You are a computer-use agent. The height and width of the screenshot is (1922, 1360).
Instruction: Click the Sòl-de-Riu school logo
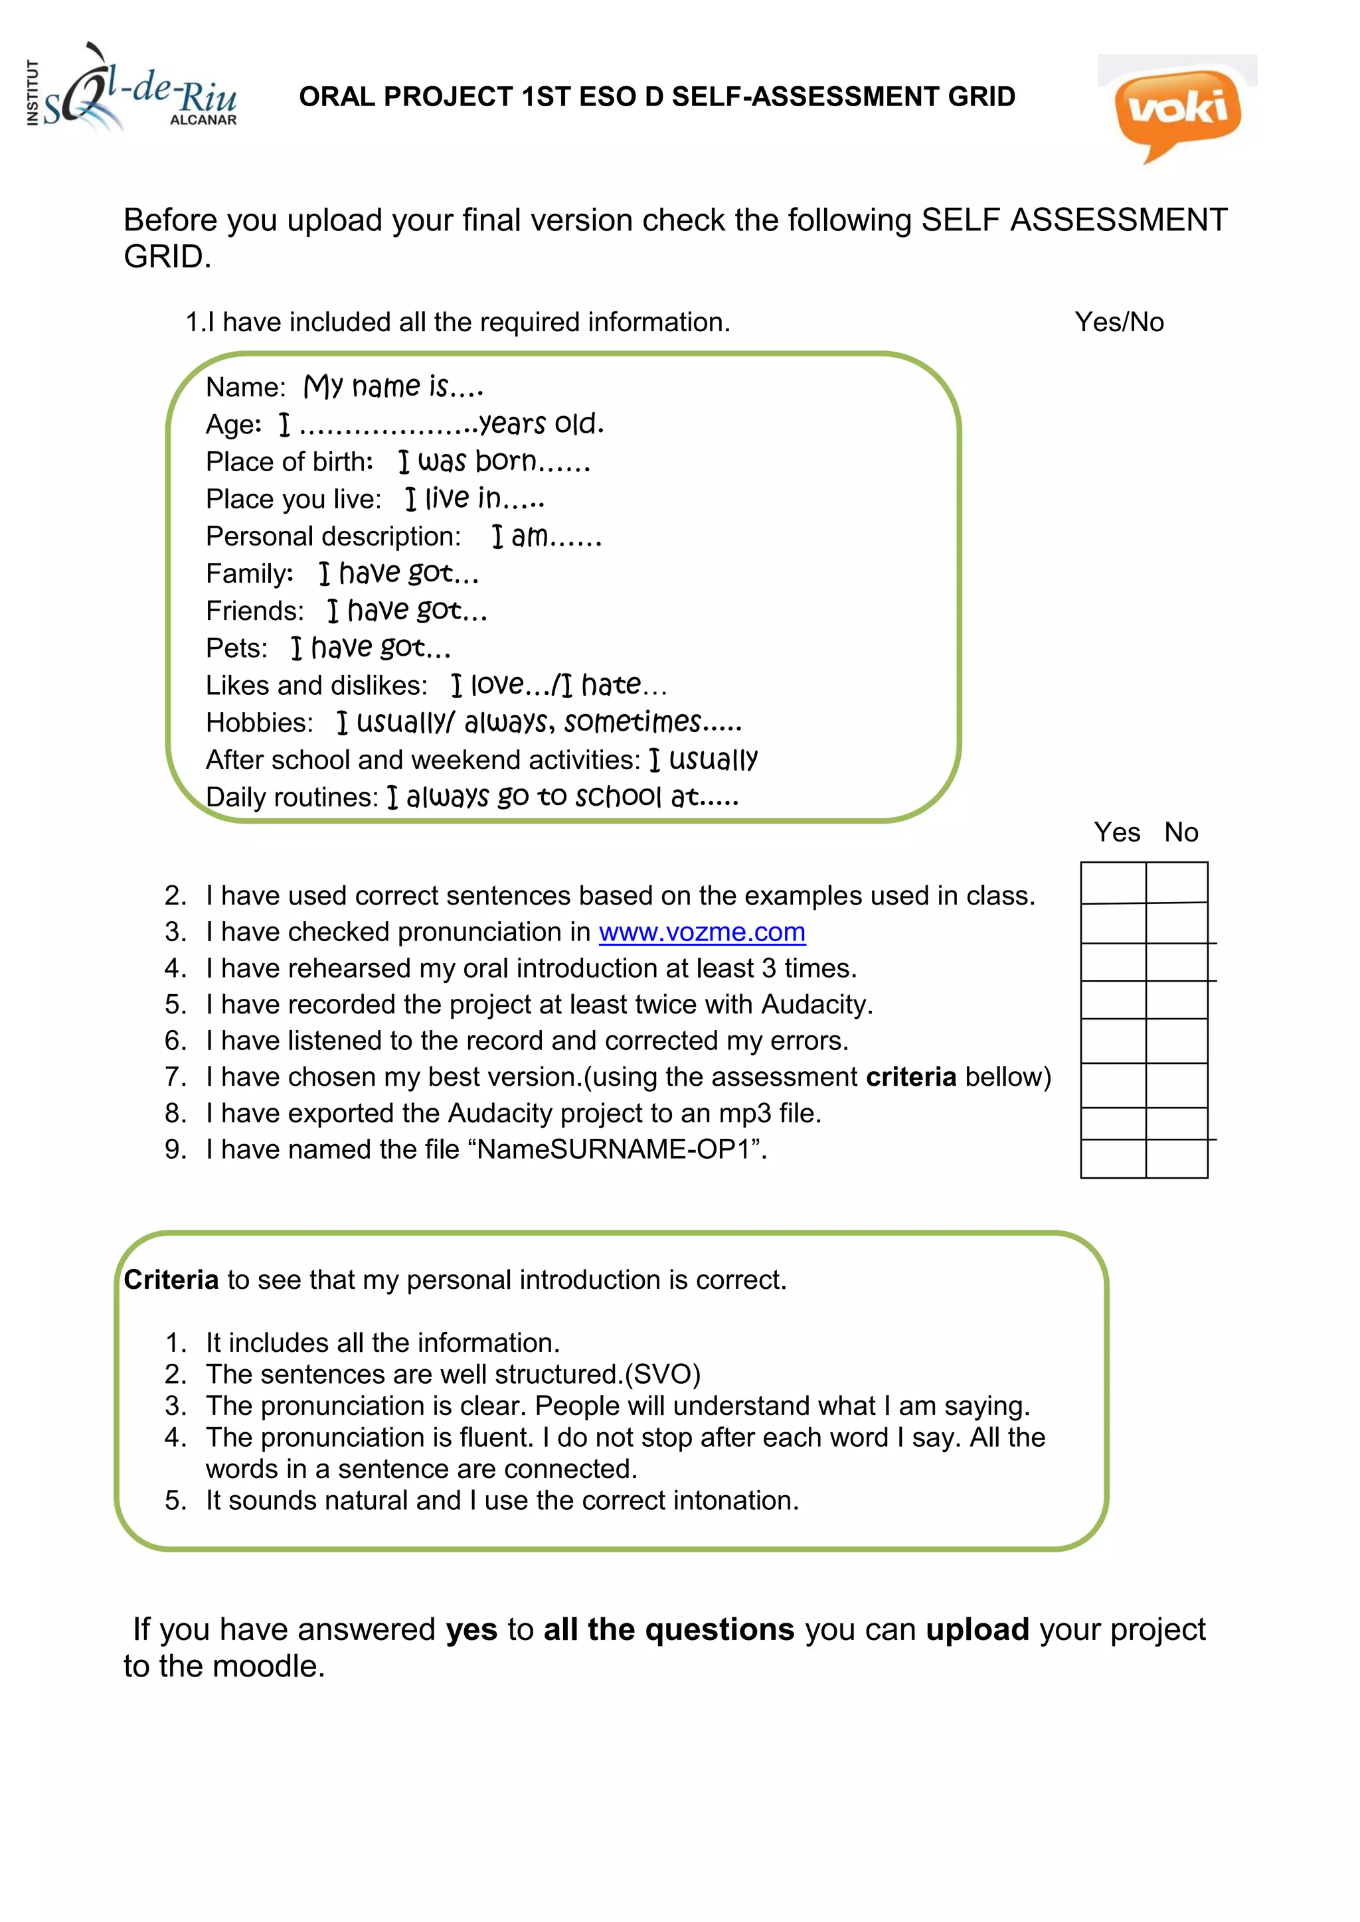[x=134, y=92]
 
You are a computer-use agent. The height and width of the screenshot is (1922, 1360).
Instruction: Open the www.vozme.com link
[x=702, y=932]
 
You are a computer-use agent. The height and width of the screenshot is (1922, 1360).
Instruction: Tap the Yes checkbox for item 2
[x=1113, y=882]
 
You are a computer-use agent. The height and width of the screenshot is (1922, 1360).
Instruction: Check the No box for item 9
[x=1177, y=1159]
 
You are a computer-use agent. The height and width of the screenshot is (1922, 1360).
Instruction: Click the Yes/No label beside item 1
[x=1119, y=323]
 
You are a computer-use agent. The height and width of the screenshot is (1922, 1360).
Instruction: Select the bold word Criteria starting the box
[x=171, y=1280]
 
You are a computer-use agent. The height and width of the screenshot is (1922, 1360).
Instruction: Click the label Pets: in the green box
[x=236, y=648]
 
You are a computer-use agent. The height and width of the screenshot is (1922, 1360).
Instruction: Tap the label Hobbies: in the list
[x=260, y=723]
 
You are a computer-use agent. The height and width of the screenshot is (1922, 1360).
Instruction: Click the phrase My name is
[x=392, y=387]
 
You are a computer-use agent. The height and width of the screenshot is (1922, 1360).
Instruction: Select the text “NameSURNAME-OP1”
[x=620, y=1149]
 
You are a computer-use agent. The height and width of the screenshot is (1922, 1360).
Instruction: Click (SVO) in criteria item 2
[x=663, y=1374]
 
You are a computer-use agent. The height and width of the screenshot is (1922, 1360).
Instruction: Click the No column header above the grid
[x=1181, y=832]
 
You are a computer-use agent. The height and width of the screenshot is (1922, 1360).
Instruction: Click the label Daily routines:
[x=292, y=797]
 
